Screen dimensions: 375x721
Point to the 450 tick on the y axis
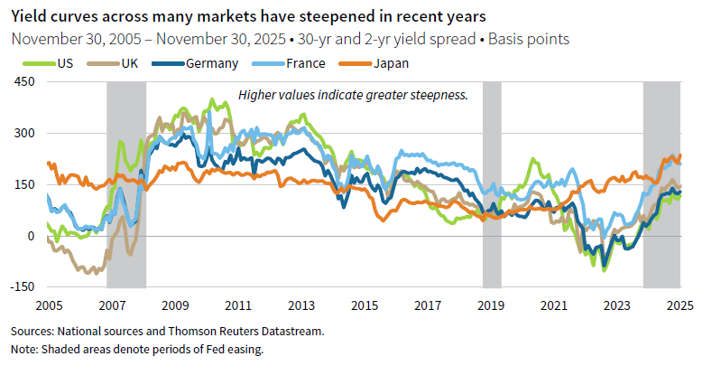[22, 82]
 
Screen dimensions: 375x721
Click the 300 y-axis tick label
[22, 133]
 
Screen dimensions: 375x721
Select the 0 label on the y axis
[30, 236]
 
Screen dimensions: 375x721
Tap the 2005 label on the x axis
[47, 305]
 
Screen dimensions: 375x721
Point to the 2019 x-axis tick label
[490, 305]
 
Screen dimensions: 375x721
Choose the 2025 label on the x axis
[679, 305]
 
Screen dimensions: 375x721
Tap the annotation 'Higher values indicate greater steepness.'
[353, 94]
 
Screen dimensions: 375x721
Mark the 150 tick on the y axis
[22, 184]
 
